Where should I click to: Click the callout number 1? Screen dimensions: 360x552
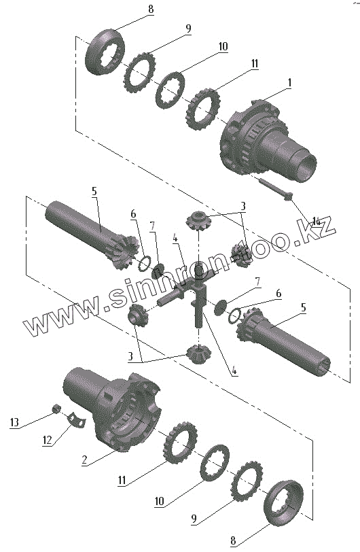[289, 83]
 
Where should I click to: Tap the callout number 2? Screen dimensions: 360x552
[84, 460]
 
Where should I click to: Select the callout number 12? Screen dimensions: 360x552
[47, 440]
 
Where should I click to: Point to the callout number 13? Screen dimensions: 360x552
[14, 421]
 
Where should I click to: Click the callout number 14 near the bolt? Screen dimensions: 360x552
[317, 222]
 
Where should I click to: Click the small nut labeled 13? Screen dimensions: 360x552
[56, 409]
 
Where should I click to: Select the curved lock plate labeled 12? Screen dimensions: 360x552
[76, 419]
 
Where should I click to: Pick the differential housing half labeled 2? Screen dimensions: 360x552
[113, 409]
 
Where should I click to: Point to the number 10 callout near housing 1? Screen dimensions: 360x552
[223, 46]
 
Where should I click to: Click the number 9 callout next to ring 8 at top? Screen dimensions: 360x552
[188, 29]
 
